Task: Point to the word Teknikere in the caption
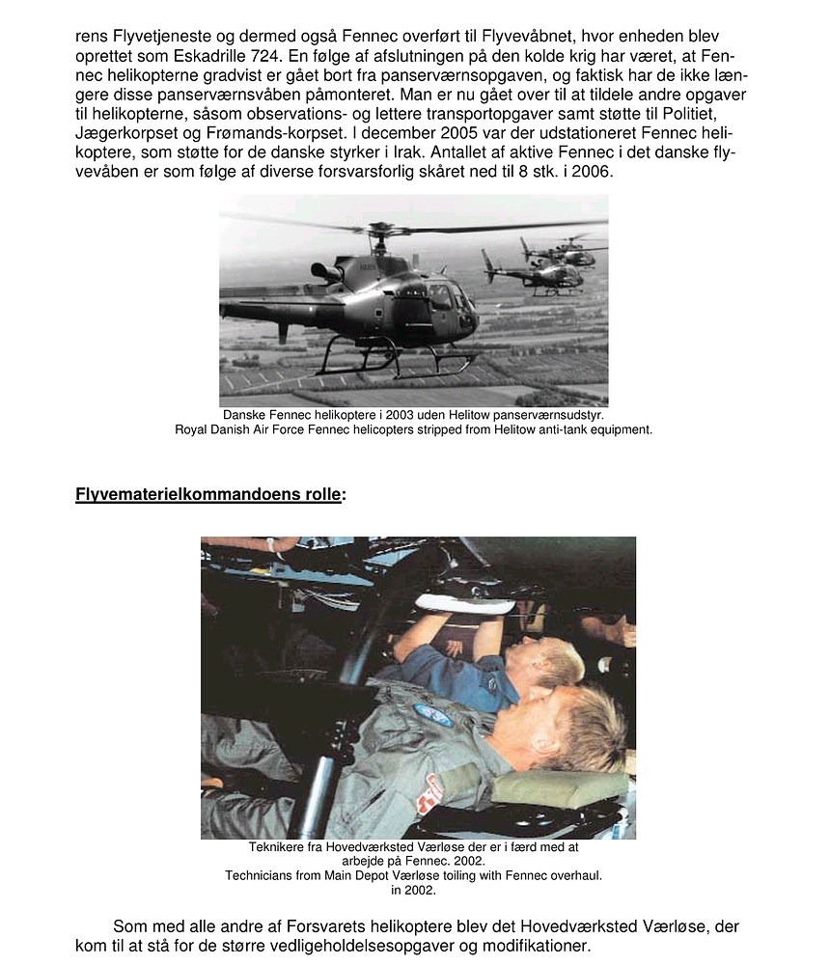[277, 848]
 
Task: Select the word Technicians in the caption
[263, 876]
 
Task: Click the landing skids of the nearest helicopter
[396, 367]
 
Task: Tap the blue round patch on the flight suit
[432, 714]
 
